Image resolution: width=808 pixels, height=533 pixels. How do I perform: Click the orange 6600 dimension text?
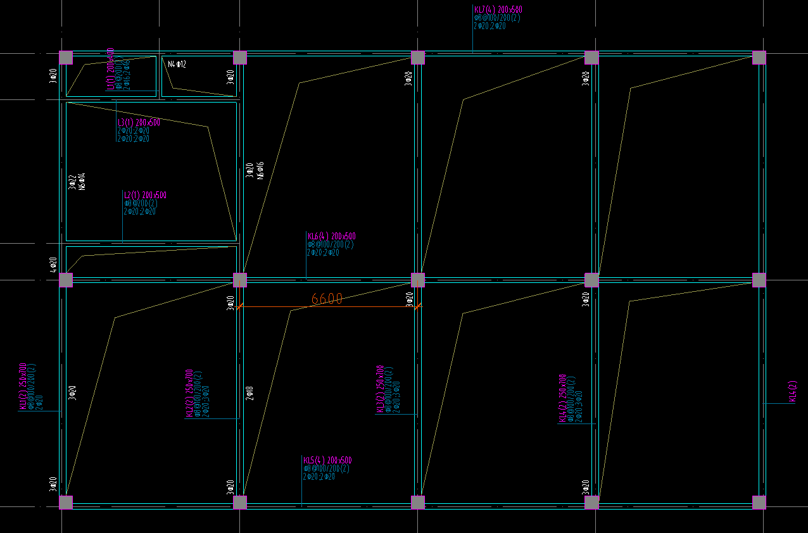327,299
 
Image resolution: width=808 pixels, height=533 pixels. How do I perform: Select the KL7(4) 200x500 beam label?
498,9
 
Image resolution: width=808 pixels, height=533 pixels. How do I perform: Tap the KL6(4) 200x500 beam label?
331,237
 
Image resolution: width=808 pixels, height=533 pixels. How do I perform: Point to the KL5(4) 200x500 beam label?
327,460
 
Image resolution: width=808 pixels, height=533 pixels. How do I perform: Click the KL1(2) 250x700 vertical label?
23,387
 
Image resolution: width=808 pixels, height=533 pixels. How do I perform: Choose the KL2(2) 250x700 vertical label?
189,393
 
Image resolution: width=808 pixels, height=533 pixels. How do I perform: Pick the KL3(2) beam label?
380,389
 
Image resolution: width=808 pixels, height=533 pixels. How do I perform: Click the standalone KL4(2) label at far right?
792,391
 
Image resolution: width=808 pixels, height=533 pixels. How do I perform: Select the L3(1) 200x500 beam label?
139,123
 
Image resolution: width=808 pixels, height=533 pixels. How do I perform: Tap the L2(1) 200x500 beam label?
145,196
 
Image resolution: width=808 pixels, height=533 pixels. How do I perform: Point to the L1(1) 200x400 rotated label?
111,68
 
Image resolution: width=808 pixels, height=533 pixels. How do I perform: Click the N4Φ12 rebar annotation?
177,64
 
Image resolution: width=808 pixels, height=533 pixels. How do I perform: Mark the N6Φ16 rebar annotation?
260,170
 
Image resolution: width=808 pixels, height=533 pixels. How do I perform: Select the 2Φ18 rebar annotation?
249,393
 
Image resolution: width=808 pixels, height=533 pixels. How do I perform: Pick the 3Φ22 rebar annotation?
72,182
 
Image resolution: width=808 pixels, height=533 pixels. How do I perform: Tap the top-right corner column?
759,58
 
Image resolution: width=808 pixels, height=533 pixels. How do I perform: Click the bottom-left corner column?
66,503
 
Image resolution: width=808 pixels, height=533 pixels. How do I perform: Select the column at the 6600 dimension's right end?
418,280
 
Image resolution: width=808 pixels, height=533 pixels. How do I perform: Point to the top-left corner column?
66,58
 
